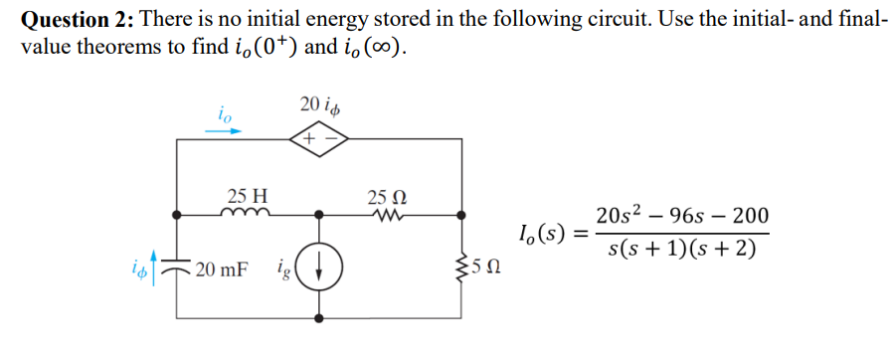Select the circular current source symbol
pos(318,269)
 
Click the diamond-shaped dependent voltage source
pos(318,141)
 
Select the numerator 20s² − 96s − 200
pos(682,217)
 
